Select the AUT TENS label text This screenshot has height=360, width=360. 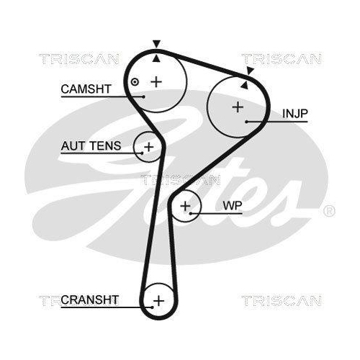86,145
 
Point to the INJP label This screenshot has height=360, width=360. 293,114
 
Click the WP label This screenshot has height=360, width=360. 232,206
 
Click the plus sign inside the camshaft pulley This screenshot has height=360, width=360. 157,81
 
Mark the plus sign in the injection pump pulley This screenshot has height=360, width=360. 237,107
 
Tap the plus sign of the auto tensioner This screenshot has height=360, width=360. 148,148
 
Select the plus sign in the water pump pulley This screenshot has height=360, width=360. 186,207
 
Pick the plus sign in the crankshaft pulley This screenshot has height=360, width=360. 159,300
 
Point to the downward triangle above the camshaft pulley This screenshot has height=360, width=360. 157,44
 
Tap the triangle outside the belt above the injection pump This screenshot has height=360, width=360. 250,71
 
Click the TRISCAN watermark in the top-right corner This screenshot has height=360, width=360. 271,58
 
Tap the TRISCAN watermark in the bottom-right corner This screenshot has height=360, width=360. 271,300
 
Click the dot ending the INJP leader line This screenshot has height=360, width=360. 247,121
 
